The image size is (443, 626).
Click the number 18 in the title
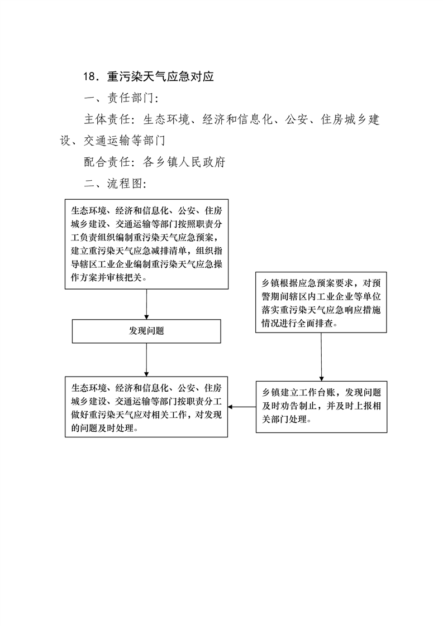tap(90, 76)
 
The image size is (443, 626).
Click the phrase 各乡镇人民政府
tap(184, 162)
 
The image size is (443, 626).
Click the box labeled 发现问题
tap(146, 331)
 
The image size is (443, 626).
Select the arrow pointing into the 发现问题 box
tap(146, 304)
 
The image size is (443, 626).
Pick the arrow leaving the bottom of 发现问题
tap(146, 360)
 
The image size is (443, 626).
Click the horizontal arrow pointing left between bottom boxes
tap(242, 407)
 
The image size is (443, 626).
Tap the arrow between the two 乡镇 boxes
tap(321, 357)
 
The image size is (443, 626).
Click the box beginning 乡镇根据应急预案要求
tap(321, 302)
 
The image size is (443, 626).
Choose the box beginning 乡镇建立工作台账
tap(321, 407)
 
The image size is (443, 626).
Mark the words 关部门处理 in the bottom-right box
tap(284, 420)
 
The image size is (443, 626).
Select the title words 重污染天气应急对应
tap(160, 76)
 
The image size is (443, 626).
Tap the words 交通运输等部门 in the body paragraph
tap(125, 141)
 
